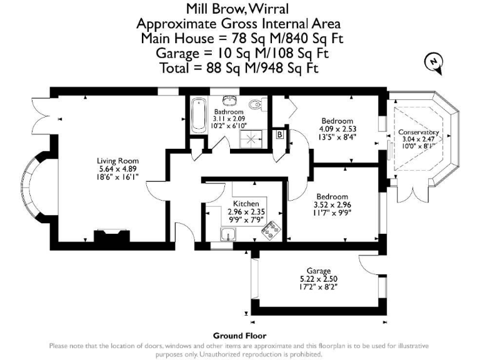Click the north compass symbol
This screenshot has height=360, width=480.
[x=432, y=62]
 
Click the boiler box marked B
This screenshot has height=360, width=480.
[x=279, y=134]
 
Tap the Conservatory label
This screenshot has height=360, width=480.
[x=419, y=133]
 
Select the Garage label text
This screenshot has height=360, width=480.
[x=314, y=271]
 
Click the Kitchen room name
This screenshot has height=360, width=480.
[x=246, y=204]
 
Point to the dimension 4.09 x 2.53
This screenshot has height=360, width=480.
[x=337, y=129]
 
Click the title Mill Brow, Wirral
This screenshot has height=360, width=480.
[x=239, y=9]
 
